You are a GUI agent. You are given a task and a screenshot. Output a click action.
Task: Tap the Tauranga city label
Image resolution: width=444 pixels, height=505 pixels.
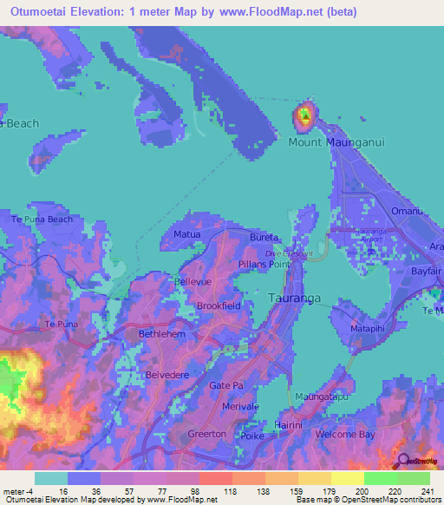pos(292,298)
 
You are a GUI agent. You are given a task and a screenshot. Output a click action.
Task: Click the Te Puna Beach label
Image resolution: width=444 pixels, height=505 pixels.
pos(41,220)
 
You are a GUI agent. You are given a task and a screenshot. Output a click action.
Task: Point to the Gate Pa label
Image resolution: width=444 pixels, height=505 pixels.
pos(226,385)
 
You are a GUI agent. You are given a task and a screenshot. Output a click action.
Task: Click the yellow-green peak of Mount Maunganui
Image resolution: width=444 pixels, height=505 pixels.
pos(304,114)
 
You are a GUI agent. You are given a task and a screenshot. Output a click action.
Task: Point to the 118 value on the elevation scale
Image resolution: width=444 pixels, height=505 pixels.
pos(231,492)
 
